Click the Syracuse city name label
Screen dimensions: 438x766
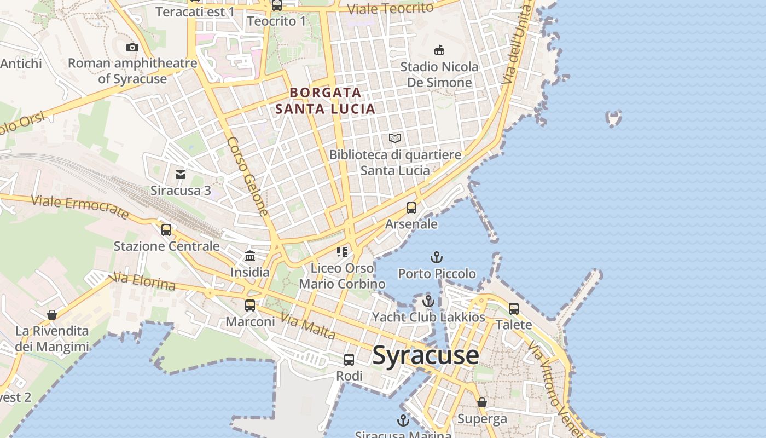[426, 356]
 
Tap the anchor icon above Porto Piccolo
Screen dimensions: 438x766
[436, 257]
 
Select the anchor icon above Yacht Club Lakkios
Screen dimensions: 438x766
[428, 301]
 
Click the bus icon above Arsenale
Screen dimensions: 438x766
[411, 208]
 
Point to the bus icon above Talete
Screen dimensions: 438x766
[514, 309]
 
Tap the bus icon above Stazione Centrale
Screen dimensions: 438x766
[166, 230]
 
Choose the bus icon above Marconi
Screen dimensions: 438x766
[250, 306]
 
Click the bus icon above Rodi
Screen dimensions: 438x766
[349, 360]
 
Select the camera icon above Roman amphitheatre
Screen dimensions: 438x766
[132, 48]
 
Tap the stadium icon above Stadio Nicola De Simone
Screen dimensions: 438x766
[439, 50]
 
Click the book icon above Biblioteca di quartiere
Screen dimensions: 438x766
[395, 139]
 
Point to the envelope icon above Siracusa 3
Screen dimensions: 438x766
[181, 175]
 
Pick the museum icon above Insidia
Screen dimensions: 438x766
[250, 256]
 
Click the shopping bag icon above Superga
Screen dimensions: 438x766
[482, 402]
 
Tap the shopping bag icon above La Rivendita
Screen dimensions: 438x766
[52, 315]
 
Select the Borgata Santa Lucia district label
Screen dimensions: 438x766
[325, 101]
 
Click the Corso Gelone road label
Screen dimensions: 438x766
[248, 176]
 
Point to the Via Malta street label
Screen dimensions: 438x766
[307, 325]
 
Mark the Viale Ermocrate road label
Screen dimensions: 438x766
[80, 207]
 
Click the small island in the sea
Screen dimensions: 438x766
[614, 118]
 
